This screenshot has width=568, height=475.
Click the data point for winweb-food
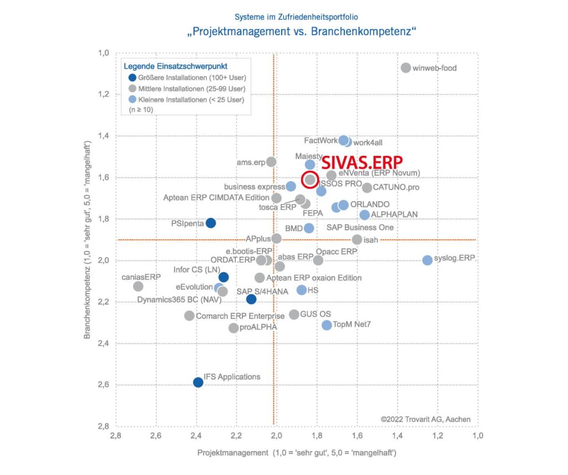(x=405, y=68)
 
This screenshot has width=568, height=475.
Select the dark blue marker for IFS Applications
(x=198, y=382)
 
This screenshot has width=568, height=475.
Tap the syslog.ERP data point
(x=427, y=260)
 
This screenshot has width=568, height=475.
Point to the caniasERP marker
(x=138, y=286)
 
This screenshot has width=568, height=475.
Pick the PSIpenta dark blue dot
(x=211, y=223)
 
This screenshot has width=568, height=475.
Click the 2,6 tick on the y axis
(x=104, y=385)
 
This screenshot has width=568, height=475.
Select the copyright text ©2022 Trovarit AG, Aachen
(x=425, y=419)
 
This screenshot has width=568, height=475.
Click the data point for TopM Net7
(x=327, y=325)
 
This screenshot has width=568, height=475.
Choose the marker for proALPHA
(x=234, y=328)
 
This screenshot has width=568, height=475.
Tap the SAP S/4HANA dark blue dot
(x=251, y=299)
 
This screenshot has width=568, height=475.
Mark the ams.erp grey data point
(x=271, y=162)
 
